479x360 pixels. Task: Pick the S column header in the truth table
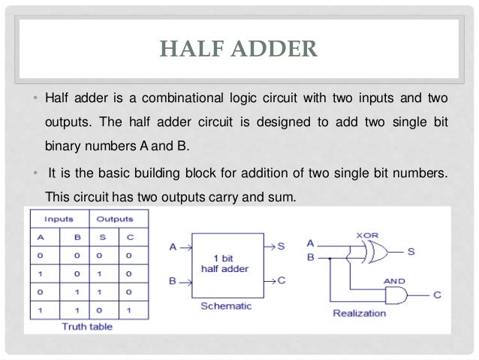[105, 238]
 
